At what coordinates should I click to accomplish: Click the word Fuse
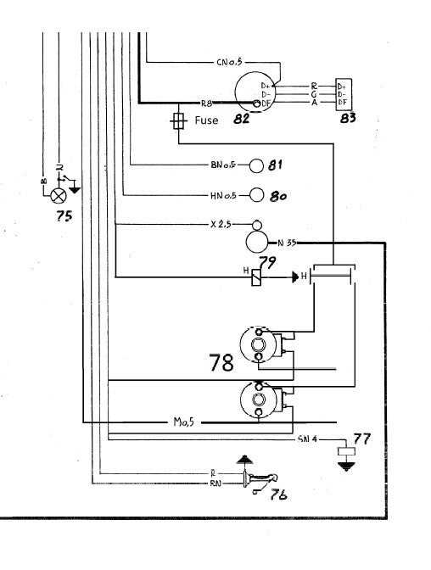coord(206,120)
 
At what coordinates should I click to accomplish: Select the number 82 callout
coord(241,120)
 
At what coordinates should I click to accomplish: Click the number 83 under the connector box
coord(346,118)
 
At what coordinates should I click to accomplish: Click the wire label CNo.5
coord(232,63)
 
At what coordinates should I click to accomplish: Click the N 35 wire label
coord(286,243)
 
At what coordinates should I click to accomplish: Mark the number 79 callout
coord(268,262)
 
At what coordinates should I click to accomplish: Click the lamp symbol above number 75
coord(59,194)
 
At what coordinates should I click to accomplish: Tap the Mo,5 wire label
coord(183,422)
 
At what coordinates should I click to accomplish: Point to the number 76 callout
coord(277,495)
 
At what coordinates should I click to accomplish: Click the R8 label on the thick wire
coord(221,102)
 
